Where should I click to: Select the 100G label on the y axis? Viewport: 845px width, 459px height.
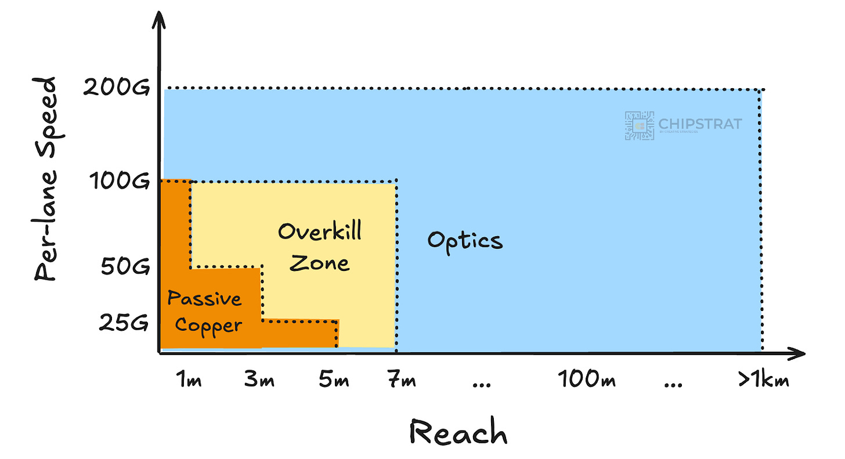118,182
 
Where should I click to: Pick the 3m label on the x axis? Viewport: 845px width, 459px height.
259,381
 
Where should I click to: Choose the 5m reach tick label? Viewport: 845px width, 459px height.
334,381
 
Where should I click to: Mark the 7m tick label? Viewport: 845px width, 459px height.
400,381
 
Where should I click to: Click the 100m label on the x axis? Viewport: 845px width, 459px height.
587,381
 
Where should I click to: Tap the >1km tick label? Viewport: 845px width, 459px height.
763,381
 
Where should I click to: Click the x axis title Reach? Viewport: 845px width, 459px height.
458,432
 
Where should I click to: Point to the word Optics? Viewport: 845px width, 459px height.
465,240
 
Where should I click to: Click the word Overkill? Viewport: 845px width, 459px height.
320,232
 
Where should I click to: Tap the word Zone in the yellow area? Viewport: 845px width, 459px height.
320,263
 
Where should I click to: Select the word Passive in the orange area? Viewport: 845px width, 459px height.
204,299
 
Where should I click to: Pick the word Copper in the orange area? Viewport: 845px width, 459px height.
208,326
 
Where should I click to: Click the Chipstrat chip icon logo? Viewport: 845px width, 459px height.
639,125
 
